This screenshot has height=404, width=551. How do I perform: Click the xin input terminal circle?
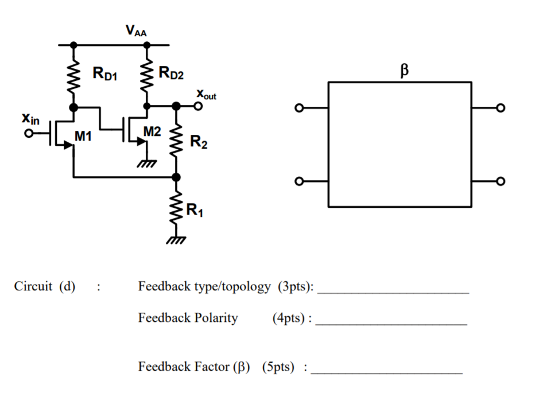click(x=29, y=134)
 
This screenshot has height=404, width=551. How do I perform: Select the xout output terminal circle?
click(x=199, y=106)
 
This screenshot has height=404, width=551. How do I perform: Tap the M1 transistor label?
click(x=83, y=137)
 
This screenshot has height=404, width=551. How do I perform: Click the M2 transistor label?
click(x=152, y=131)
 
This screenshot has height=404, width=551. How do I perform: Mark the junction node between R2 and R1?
click(x=176, y=177)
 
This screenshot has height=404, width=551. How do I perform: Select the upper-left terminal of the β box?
click(x=297, y=108)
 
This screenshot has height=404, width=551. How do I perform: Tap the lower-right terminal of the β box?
click(x=501, y=182)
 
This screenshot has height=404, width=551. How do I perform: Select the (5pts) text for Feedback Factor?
click(x=280, y=367)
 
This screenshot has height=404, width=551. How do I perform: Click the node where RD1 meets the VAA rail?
click(x=73, y=44)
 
